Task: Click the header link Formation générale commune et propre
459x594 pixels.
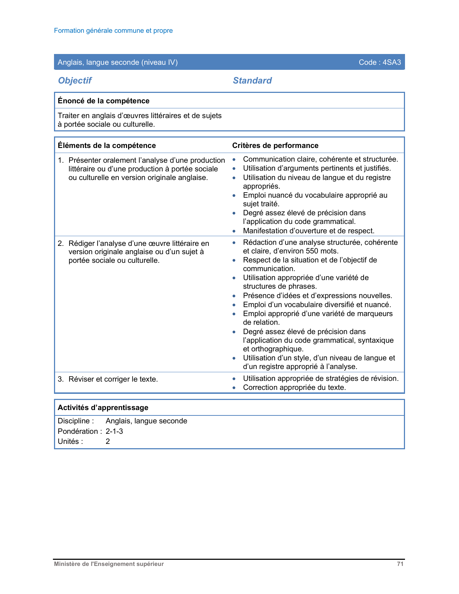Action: [x=113, y=31]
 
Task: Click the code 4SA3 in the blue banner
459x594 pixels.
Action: [x=392, y=62]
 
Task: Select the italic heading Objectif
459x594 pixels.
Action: [x=75, y=81]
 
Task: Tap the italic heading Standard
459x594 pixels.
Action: [x=252, y=81]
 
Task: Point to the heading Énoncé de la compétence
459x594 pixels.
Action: [x=104, y=101]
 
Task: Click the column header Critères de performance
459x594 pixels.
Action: [x=275, y=145]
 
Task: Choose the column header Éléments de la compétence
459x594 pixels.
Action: [x=107, y=145]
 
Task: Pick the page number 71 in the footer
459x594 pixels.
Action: [x=400, y=564]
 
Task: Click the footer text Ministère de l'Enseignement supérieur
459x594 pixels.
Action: [x=109, y=564]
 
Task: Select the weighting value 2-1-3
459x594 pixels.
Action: [x=114, y=431]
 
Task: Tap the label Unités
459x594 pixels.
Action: [x=70, y=441]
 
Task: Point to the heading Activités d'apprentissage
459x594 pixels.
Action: [x=103, y=408]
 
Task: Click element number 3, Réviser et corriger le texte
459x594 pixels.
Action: [x=113, y=379]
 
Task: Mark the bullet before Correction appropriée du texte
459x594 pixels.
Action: [x=234, y=388]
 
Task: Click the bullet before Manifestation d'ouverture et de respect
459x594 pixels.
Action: [x=234, y=231]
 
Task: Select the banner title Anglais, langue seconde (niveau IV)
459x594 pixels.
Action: [x=118, y=62]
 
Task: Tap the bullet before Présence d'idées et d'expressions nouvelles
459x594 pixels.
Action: [x=234, y=296]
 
